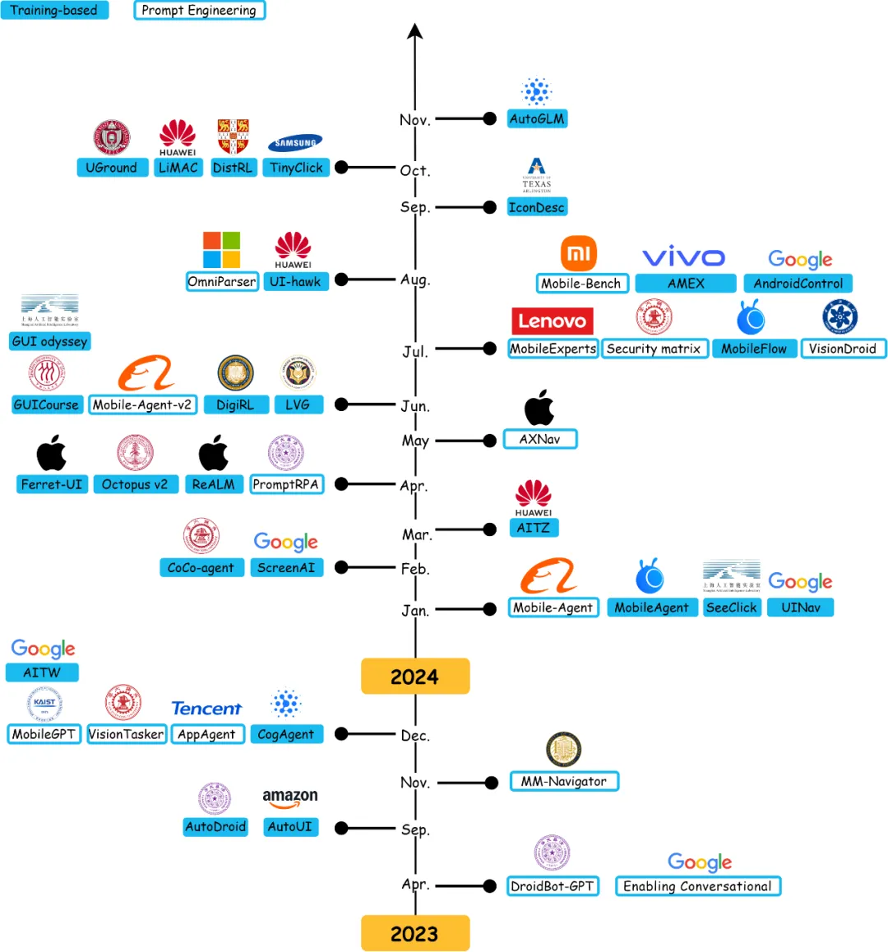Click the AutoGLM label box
click(537, 118)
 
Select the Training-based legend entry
click(54, 11)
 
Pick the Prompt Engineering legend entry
click(199, 11)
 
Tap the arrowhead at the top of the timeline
click(415, 31)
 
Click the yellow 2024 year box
click(415, 677)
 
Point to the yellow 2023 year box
click(415, 933)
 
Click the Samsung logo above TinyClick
click(295, 143)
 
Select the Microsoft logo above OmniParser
click(222, 250)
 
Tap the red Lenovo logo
click(553, 321)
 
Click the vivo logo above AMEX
click(683, 257)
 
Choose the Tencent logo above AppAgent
click(206, 709)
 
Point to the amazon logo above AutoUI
click(289, 797)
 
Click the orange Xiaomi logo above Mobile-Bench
click(579, 254)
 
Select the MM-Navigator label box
click(564, 781)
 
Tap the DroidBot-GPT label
click(552, 886)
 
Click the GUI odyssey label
click(49, 341)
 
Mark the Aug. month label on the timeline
click(415, 280)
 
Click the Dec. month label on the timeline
click(415, 736)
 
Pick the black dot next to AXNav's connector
click(490, 441)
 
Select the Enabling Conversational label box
click(697, 886)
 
